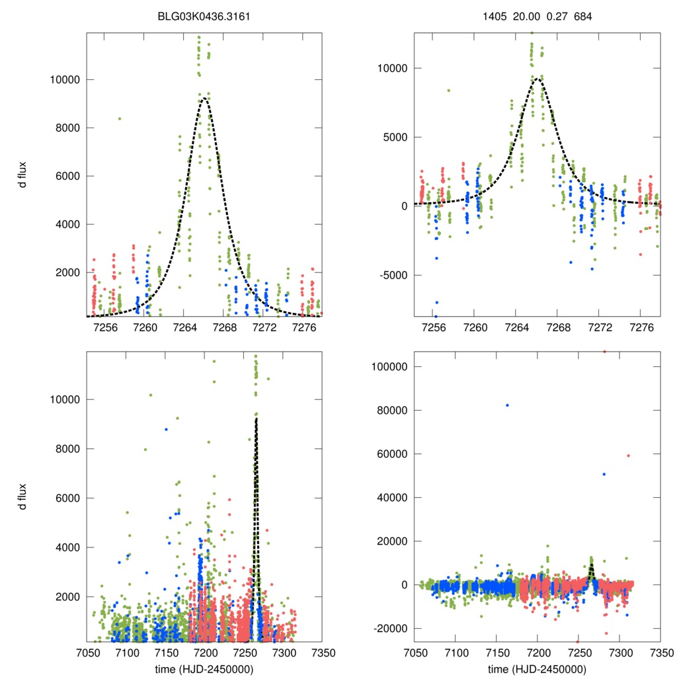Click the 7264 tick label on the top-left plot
coord(184,328)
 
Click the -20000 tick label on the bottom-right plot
coord(386,628)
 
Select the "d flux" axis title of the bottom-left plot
coord(22,496)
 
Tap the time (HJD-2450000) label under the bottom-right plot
coord(537,668)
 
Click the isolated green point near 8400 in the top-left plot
coord(120,118)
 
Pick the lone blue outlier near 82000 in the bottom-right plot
coord(507,405)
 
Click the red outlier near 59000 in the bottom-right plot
coord(628,456)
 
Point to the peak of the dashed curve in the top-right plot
coord(538,79)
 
